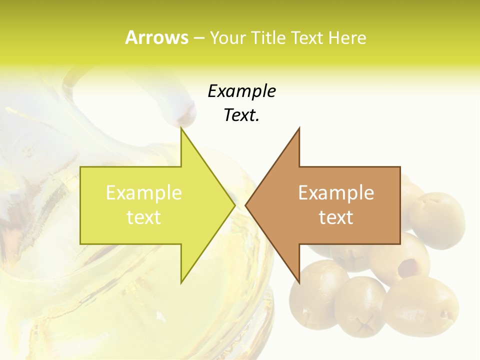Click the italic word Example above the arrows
[241, 91]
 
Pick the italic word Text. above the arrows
[241, 115]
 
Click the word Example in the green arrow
[143, 193]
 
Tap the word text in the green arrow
[143, 217]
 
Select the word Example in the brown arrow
[336, 193]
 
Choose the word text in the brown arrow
[336, 217]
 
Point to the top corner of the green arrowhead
[181, 128]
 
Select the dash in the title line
[198, 38]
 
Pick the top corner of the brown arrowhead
[299, 128]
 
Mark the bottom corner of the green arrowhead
[181, 282]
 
